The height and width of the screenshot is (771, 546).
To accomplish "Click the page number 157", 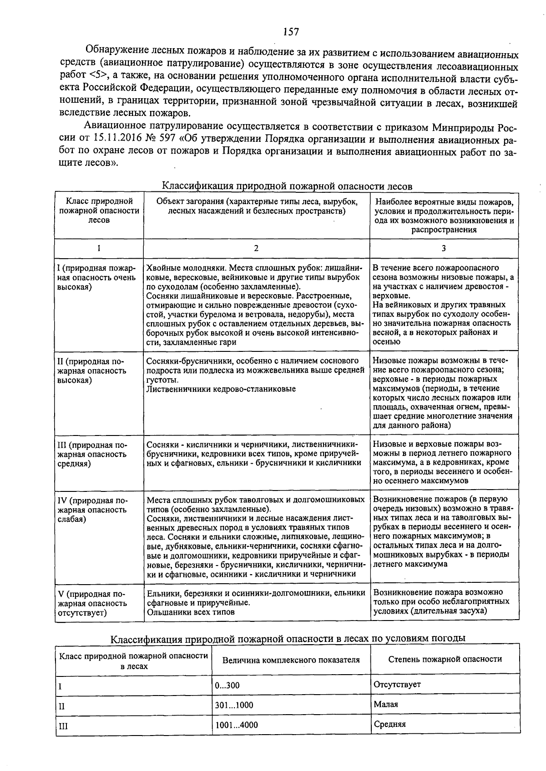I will tap(291, 31).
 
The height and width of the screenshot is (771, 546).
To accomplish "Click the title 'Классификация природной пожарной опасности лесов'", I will tap(288, 186).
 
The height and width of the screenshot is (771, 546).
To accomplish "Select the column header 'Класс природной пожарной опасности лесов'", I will tap(99, 210).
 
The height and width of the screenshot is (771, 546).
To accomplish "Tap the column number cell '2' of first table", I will tap(256, 248).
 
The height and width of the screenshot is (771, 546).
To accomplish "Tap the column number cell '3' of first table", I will tap(444, 248).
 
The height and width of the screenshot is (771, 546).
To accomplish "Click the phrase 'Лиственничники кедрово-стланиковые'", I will tap(221, 389).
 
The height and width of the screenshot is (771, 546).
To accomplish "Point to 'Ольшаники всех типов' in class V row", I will tap(191, 612).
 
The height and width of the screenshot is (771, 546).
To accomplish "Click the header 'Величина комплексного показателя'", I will tap(291, 660).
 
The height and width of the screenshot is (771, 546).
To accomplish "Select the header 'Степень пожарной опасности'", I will tap(445, 659).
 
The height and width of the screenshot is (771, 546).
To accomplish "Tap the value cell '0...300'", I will tap(227, 686).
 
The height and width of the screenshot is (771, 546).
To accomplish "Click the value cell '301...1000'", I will tap(234, 706).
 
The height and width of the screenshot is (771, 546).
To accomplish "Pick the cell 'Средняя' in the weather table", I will tap(389, 724).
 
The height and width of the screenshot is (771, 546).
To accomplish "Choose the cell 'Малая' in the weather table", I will tap(386, 704).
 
